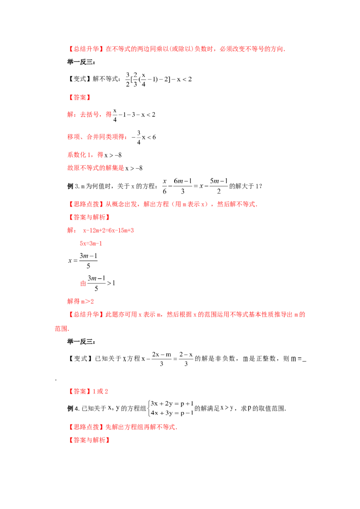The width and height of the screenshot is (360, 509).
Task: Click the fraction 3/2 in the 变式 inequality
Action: (x=128, y=80)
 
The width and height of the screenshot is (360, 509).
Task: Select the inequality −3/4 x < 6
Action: (x=144, y=137)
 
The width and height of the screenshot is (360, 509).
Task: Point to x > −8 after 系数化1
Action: (x=113, y=155)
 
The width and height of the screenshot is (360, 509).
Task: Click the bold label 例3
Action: (x=73, y=186)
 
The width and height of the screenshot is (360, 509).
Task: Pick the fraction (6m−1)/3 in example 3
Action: (x=183, y=186)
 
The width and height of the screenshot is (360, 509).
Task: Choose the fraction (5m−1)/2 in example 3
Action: (x=219, y=186)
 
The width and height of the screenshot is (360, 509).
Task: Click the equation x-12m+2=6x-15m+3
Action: (x=108, y=231)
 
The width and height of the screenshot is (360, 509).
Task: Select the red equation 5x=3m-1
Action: (x=91, y=243)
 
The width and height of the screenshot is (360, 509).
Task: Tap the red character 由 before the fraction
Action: (x=83, y=283)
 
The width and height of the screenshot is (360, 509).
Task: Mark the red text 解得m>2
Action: (x=81, y=302)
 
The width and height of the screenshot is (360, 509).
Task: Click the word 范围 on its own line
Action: (x=61, y=329)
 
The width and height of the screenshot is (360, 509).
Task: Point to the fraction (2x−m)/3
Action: (x=162, y=359)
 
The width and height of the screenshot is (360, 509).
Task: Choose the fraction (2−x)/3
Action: (x=186, y=359)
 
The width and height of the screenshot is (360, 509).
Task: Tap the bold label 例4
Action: (x=73, y=409)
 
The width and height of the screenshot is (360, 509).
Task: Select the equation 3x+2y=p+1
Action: (x=172, y=403)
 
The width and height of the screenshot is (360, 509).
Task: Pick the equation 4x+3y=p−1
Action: (x=172, y=413)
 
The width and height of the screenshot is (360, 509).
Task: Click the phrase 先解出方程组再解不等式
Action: (x=141, y=427)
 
